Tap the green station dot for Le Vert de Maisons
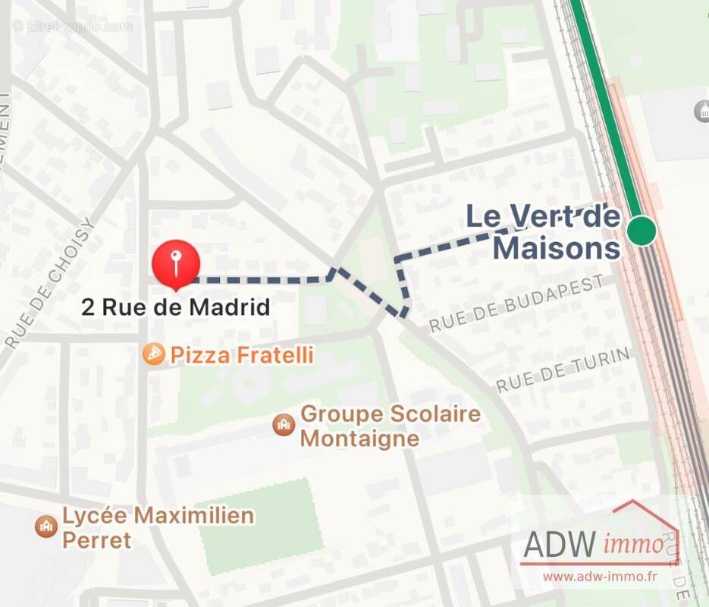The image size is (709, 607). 642,230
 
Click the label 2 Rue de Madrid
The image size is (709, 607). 176,307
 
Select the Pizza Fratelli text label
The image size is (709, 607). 242,354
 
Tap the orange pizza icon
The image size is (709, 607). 154,354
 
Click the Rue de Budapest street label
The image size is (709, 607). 517,303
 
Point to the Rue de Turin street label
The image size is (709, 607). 563,370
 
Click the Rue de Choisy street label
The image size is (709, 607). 50,284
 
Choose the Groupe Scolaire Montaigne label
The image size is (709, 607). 391,426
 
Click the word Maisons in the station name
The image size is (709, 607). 557,248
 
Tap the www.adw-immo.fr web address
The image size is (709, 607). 599,577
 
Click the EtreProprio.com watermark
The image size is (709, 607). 72,27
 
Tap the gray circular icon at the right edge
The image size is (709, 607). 701,112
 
